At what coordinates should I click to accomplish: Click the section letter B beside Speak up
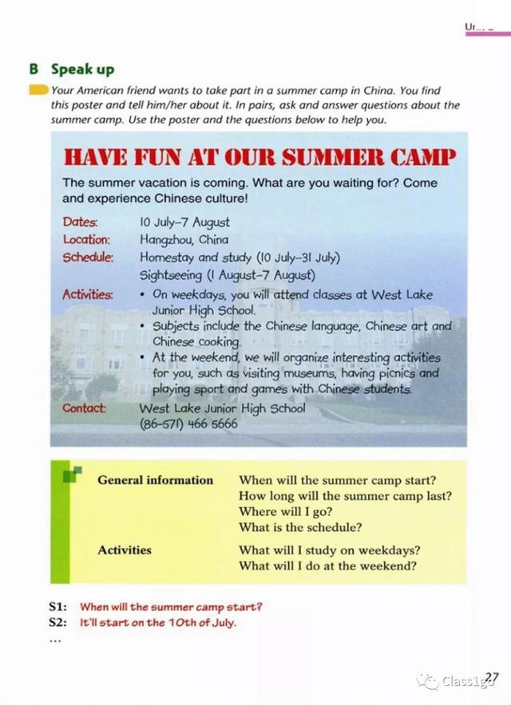point(34,69)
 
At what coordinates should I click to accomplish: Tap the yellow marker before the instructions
point(38,90)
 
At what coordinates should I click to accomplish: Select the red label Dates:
point(80,222)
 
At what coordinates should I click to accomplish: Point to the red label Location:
point(86,239)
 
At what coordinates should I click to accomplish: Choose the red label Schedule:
point(89,257)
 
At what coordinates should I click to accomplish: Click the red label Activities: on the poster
point(88,294)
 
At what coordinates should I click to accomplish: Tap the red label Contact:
point(85,408)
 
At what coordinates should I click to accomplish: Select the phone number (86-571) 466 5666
point(188,423)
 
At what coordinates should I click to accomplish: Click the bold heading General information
point(156,480)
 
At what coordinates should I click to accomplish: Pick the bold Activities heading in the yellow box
point(125,549)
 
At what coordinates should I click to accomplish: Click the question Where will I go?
point(285,512)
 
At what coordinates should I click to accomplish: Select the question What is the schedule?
point(300,527)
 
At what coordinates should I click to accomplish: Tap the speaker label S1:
point(58,607)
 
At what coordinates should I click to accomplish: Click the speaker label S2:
point(58,622)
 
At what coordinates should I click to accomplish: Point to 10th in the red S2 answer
point(182,623)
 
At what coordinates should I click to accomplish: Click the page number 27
point(491,679)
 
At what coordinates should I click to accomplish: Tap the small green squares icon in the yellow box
point(72,475)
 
